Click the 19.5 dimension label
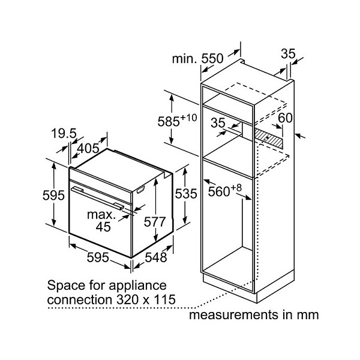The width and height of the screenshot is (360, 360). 64,133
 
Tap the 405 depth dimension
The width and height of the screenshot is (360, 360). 88,148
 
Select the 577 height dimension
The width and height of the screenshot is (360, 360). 155,222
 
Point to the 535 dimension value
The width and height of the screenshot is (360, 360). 186,194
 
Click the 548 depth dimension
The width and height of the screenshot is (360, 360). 156,257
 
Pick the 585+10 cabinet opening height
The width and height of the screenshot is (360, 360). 177,121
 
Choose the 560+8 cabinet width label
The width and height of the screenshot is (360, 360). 225,191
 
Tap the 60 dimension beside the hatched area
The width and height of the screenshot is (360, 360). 285,118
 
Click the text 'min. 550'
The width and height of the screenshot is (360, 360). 197,59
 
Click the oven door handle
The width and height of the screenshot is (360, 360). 98,197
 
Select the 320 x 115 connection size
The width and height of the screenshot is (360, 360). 146,299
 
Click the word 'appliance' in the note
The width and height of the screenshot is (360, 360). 137,286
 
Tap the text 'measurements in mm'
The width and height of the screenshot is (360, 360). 254,314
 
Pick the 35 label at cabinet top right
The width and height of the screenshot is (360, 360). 288,54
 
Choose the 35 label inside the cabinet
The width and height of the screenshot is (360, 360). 218,123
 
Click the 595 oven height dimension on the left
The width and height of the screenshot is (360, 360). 53,196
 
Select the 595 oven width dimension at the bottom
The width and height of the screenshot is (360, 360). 98,257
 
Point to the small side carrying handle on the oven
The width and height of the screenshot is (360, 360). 140,189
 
